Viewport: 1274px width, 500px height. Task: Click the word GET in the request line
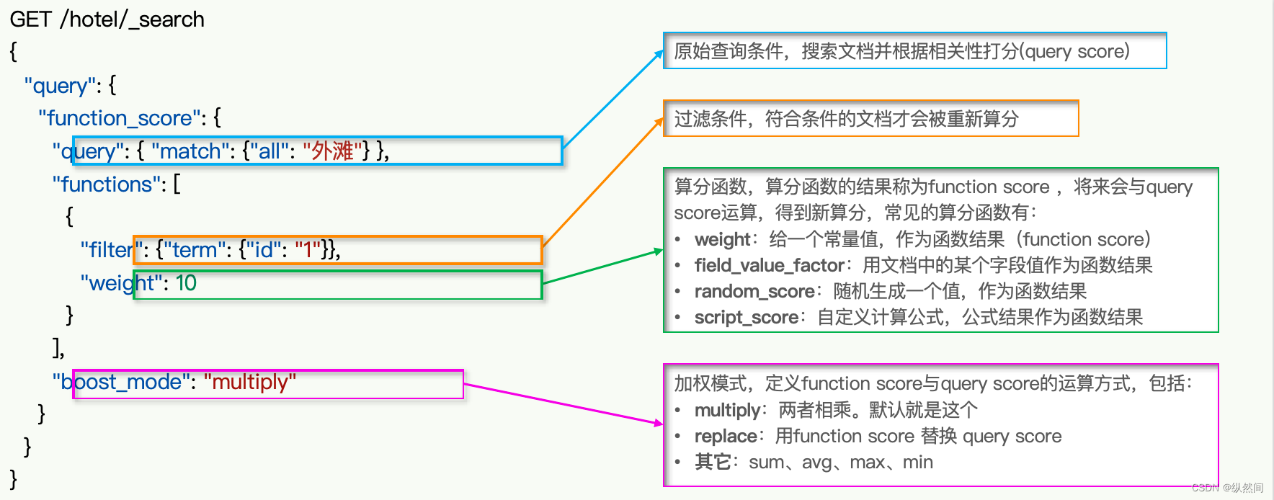click(x=31, y=19)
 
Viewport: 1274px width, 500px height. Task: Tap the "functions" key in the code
click(x=106, y=184)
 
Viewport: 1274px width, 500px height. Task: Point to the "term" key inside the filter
click(x=194, y=250)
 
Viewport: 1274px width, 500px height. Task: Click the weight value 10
click(x=186, y=283)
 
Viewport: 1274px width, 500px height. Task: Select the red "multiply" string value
click(x=249, y=382)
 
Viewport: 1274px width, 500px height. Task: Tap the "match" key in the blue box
click(x=190, y=151)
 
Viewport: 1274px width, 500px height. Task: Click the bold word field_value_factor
click(x=768, y=266)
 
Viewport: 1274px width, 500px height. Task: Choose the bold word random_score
click(x=754, y=292)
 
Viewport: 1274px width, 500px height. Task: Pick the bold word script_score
click(x=746, y=318)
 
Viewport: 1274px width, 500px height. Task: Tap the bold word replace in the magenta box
click(x=725, y=437)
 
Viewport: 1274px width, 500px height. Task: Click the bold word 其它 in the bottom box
click(x=712, y=463)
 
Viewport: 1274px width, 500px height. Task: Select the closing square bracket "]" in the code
click(x=56, y=349)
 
